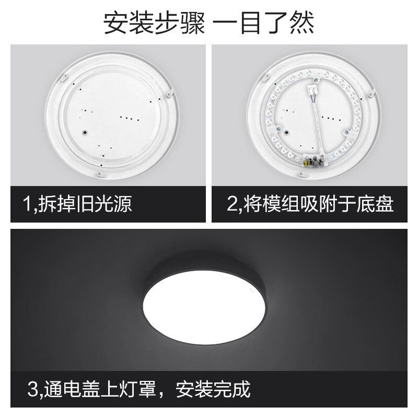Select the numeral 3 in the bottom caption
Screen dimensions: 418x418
tap(32, 389)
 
